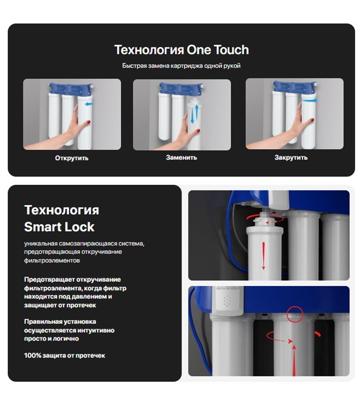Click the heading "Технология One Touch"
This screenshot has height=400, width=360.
(182, 50)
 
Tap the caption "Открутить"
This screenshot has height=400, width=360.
(72, 158)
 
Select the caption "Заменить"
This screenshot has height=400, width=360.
(182, 157)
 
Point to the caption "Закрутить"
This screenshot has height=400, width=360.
(291, 157)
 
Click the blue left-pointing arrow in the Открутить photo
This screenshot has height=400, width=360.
(89, 104)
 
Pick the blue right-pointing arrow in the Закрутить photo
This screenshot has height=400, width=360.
(309, 100)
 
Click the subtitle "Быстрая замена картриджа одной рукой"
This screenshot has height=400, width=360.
(181, 66)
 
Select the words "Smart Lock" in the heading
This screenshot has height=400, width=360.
(59, 227)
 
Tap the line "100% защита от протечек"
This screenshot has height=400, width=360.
(64, 355)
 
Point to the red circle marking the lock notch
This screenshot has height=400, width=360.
(295, 314)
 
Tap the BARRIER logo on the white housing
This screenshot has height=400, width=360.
(227, 288)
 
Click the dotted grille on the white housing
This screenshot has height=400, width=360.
(227, 301)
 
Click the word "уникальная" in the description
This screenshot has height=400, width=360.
(41, 244)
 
